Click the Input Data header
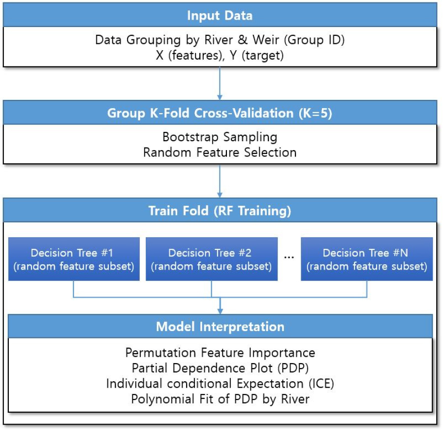220,15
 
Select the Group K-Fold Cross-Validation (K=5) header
220,113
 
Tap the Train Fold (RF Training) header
220,211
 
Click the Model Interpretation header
220,326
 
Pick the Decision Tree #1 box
74,259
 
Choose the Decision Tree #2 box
211,259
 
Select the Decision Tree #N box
367,259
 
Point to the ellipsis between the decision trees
289,256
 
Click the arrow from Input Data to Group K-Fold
220,84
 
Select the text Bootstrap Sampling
220,136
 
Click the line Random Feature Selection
220,152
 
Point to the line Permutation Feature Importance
220,353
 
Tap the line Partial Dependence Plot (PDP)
220,368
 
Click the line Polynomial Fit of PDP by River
220,399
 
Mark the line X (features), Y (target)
220,56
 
